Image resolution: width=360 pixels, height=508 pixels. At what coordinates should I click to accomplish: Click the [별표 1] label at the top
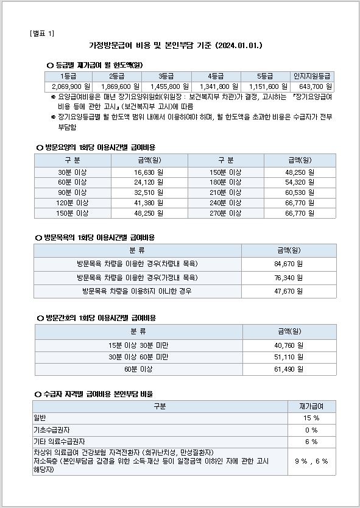41,33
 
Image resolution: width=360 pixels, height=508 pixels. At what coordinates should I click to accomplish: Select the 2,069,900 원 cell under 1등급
68,86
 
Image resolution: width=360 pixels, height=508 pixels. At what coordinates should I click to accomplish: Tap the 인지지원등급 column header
311,76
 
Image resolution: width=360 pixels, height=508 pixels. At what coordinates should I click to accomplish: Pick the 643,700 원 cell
311,86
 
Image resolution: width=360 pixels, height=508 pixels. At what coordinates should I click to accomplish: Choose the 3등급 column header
166,76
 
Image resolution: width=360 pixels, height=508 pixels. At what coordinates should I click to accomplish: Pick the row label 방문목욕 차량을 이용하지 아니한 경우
137,291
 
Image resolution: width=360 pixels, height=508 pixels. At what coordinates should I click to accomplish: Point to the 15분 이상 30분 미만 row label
138,345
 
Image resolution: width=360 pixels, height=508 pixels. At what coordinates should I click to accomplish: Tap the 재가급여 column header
311,406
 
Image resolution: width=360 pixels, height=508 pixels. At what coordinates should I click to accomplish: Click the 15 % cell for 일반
311,418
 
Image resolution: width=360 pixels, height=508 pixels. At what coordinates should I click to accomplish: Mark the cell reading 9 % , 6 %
311,461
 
